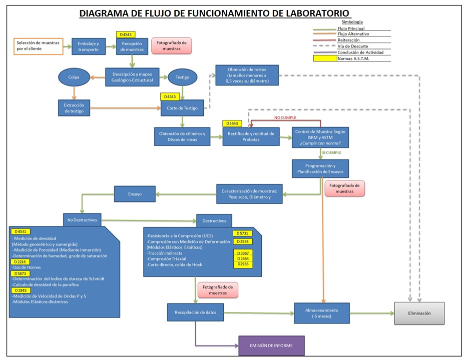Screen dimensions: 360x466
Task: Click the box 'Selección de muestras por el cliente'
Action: (38, 46)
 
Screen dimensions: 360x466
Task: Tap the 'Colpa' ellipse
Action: (74, 77)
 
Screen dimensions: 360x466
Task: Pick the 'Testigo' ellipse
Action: (182, 77)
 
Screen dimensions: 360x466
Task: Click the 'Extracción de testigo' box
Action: (74, 107)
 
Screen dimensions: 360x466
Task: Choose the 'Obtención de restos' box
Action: (247, 75)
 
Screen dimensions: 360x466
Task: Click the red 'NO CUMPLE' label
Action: (285, 117)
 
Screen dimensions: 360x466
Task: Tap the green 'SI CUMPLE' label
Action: (331, 152)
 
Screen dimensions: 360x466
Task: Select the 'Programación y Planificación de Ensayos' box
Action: (320, 168)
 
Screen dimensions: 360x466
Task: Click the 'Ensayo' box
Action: (135, 194)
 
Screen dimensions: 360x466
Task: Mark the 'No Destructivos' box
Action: (82, 219)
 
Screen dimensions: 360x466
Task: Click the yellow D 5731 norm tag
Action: (243, 233)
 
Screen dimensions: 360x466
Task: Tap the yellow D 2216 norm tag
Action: (20, 261)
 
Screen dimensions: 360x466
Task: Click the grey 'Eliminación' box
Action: (419, 313)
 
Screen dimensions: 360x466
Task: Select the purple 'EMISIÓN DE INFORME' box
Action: (271, 345)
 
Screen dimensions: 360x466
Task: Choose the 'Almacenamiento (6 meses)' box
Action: (321, 313)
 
